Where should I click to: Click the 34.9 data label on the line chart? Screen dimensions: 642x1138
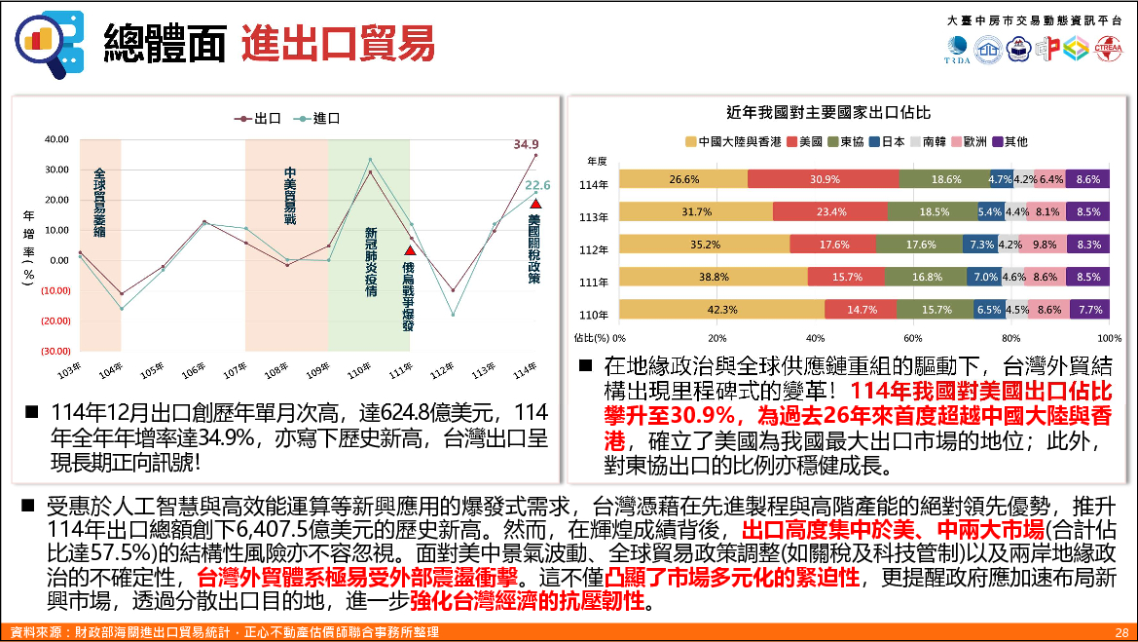527,144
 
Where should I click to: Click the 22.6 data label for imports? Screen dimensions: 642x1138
538,185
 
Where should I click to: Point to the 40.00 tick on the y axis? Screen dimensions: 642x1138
56,139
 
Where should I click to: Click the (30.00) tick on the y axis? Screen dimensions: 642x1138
56,351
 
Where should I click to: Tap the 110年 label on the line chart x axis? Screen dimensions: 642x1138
359,370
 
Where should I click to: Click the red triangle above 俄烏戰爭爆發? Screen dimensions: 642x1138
410,250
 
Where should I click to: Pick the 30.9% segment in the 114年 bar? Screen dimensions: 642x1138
824,179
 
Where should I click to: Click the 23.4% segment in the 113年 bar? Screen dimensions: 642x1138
830,211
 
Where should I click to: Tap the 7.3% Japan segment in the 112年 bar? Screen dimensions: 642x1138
981,245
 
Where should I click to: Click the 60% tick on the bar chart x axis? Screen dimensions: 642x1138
913,338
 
